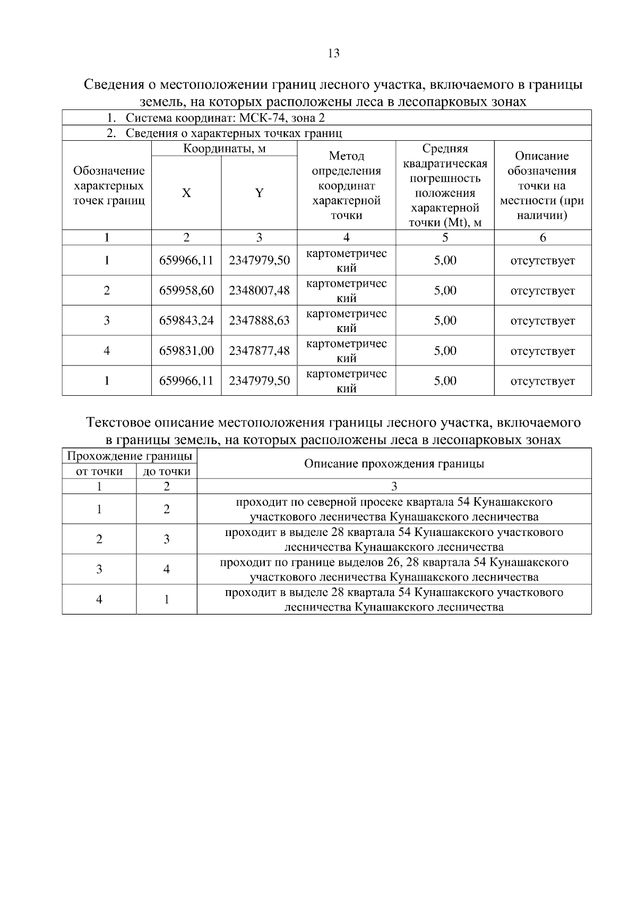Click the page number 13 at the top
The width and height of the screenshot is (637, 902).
coord(334,53)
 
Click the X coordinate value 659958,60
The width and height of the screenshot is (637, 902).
coord(186,291)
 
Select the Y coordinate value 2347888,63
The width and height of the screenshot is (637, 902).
coord(259,321)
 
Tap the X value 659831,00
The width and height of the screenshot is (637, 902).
coord(186,351)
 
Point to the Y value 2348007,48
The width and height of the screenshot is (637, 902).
coord(259,291)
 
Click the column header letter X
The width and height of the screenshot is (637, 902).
coord(186,193)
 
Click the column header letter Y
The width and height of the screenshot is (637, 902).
coord(259,193)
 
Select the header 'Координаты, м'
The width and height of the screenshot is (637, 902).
coord(224,149)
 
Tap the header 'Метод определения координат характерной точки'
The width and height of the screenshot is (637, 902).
coord(346,185)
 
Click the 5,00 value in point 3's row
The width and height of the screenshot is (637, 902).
coord(445,321)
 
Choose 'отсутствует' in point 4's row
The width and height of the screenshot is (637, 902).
coord(543,351)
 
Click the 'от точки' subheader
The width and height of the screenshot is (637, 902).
coord(99,472)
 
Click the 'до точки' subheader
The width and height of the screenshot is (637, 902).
coord(167,472)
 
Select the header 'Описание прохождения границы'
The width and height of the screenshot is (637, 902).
coord(394,464)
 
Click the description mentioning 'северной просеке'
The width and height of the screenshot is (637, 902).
coord(394,509)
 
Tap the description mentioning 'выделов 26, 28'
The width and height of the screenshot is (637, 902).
coord(394,569)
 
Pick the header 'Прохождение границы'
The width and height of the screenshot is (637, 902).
coord(129,456)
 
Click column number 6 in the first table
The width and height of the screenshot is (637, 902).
coord(543,238)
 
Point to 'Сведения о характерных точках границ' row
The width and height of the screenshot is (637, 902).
coord(234,133)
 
